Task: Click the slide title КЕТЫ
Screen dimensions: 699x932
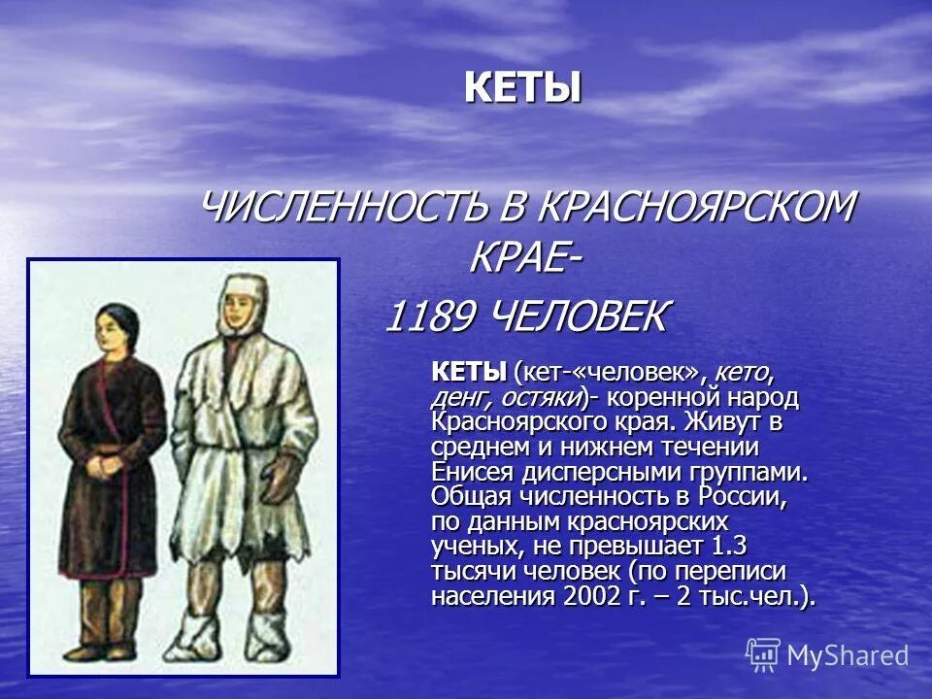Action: (x=522, y=88)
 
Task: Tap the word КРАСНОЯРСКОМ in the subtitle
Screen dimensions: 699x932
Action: (x=696, y=206)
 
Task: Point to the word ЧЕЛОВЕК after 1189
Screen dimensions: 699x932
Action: (x=579, y=316)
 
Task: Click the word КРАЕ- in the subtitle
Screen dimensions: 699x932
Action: (x=526, y=259)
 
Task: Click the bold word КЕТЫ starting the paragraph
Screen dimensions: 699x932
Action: (x=469, y=373)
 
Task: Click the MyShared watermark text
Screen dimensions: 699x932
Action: (x=848, y=655)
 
